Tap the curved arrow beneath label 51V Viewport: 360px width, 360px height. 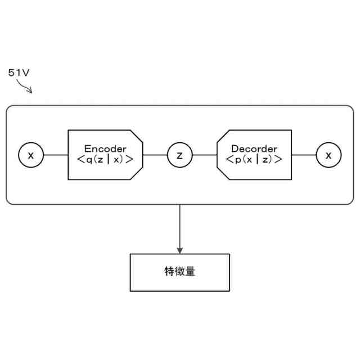24,86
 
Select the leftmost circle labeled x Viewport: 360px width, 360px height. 31,155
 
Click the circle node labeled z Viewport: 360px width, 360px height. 179,155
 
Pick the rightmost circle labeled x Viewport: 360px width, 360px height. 328,155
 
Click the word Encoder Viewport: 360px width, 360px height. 105,149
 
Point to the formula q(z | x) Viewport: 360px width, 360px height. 105,159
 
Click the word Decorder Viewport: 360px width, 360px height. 254,149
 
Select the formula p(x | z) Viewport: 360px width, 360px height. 254,159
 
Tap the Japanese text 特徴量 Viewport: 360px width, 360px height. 179,272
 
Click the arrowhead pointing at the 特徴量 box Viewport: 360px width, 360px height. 179,249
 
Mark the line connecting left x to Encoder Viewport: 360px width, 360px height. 56,155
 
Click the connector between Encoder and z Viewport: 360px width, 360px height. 155,155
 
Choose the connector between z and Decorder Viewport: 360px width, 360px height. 204,155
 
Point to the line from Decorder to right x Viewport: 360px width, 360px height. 304,155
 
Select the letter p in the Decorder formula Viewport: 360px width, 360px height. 238,159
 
